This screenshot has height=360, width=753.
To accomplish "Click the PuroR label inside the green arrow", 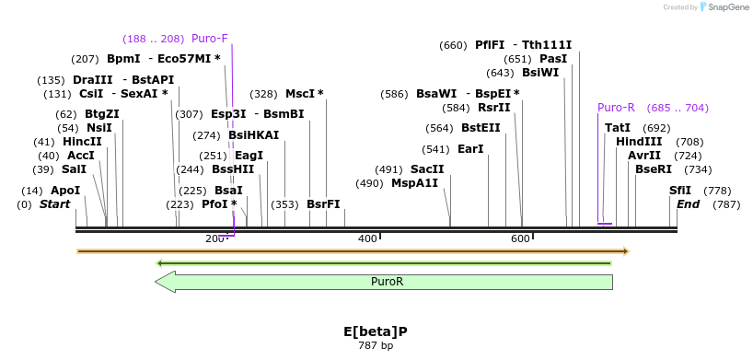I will point(387,282).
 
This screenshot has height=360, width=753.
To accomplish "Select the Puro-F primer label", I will point(210,39).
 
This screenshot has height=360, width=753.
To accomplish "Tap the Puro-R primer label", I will point(616,108).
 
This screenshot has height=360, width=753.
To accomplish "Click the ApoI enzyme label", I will point(64,191).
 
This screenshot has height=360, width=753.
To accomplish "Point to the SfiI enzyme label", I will point(680,191).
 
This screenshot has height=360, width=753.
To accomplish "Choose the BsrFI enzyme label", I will point(323,204).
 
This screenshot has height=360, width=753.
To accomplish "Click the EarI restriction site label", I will point(470,149).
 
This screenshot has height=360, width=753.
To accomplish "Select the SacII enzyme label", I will point(427,169).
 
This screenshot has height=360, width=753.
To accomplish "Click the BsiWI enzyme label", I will point(540,73).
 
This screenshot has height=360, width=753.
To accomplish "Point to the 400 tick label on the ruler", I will point(367,239).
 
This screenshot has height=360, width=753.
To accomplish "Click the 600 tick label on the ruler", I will point(520,239).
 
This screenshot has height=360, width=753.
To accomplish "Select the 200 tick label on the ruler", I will point(214,239).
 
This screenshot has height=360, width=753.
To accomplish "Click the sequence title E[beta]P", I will point(375,331).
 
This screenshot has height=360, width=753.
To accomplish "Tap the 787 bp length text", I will point(375,346).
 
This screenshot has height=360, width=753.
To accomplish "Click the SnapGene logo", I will point(724,7).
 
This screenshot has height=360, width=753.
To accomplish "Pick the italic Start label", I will point(54,204).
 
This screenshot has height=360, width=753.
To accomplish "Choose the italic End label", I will point(688,204).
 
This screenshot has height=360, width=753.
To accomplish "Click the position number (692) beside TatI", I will point(656,128).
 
